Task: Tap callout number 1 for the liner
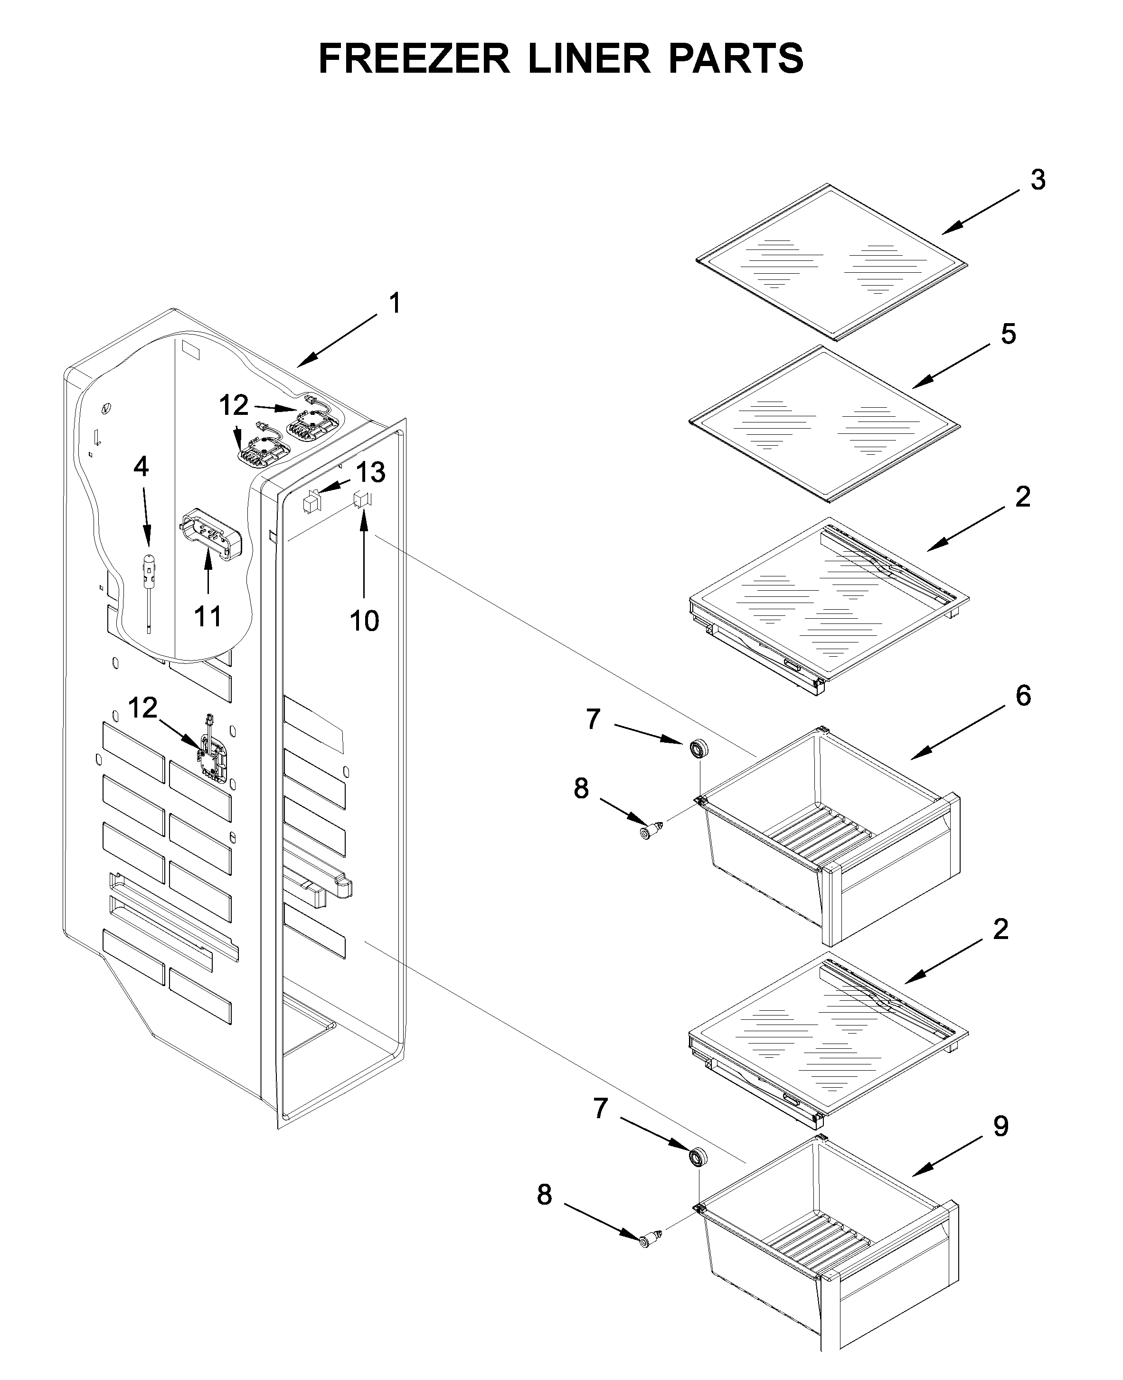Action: click(x=395, y=304)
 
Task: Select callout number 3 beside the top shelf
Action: click(x=1038, y=181)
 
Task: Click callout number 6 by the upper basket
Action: click(x=1023, y=695)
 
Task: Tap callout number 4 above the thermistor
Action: click(x=141, y=467)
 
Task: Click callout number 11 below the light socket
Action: click(x=208, y=617)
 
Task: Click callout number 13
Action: click(x=371, y=472)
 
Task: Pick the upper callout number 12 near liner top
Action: click(x=234, y=406)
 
